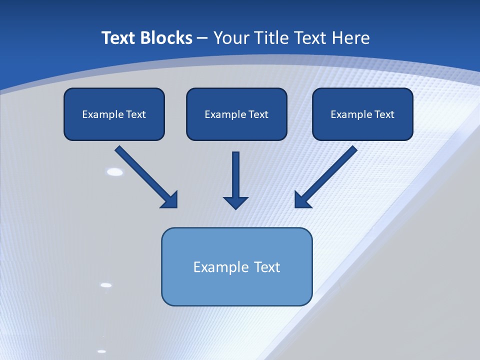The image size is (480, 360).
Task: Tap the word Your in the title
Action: [231, 38]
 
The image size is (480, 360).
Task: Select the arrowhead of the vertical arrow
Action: [235, 202]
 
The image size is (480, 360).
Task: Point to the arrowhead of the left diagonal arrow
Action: [170, 200]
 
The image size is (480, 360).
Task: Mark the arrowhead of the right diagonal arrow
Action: [302, 200]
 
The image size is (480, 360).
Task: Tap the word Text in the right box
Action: [384, 114]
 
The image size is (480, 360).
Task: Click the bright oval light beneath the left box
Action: [115, 172]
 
